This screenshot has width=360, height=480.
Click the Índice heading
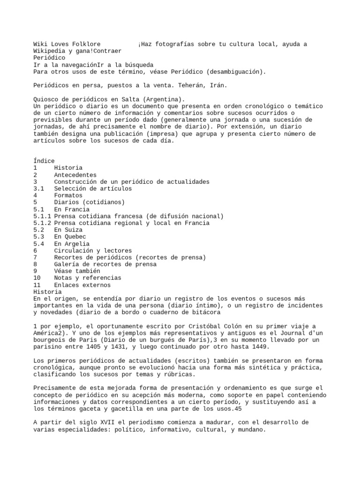[44, 161]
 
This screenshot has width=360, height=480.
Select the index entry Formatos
[68, 195]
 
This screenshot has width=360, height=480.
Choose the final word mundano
[252, 429]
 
